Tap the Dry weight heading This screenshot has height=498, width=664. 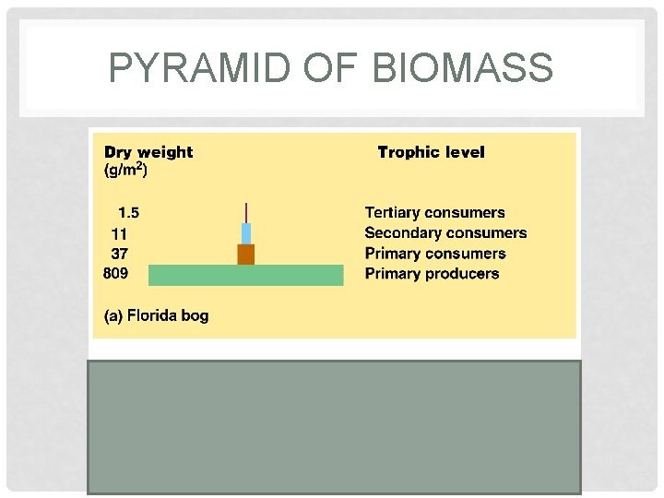(148, 152)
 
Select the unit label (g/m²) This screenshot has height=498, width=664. (126, 171)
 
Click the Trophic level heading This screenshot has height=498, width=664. (431, 152)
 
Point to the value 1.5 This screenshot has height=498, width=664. (128, 213)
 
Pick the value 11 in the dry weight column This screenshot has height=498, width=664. (119, 234)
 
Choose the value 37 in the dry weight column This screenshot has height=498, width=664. (119, 254)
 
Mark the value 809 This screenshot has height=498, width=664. (116, 273)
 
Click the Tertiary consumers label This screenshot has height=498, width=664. (434, 213)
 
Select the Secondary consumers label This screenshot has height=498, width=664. (445, 233)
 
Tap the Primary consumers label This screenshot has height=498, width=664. (435, 254)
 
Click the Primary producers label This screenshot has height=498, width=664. (432, 274)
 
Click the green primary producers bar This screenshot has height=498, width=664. (245, 275)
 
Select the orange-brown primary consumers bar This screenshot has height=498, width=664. (245, 255)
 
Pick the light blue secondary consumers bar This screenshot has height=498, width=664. (246, 233)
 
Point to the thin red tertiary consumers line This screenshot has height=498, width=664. (246, 212)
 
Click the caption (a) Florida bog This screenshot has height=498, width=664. (156, 315)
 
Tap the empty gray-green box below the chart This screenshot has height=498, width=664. (334, 426)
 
